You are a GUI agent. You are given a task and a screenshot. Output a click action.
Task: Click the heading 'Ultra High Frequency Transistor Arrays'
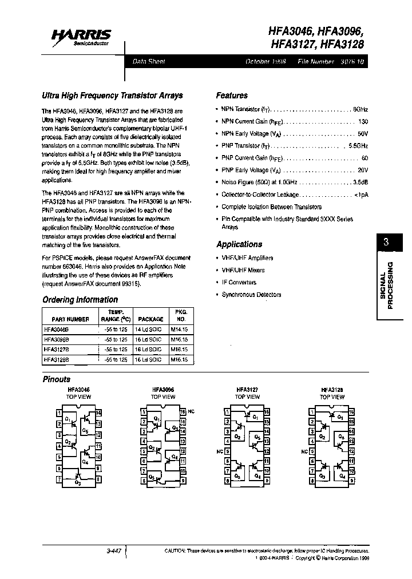point(113,96)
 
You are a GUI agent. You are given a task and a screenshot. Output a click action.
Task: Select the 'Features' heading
point(232,96)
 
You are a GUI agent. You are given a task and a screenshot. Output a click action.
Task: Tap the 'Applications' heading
point(239,244)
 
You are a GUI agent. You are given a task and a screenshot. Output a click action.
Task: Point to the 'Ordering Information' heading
point(80,299)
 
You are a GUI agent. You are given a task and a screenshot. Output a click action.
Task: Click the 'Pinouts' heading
point(57,379)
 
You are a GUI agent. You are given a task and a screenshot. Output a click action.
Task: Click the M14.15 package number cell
point(179,329)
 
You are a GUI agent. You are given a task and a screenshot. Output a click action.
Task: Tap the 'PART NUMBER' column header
point(70,319)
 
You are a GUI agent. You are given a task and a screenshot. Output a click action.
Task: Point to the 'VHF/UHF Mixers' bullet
point(243,270)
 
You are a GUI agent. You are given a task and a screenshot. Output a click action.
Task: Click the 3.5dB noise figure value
point(360,182)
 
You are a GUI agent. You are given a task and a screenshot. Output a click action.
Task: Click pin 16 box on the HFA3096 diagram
point(183,412)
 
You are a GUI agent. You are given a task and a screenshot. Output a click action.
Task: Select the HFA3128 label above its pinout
point(332,389)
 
